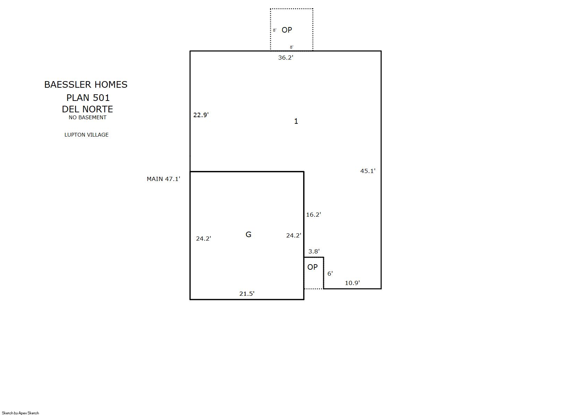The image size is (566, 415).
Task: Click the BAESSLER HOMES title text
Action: coord(86,85)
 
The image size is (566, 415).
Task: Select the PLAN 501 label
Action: coord(88,97)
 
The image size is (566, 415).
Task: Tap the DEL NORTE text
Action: coord(87,109)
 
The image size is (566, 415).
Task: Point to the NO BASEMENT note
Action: coord(87,118)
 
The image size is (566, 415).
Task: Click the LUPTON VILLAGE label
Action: coord(86,135)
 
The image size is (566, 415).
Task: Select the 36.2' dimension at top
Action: coord(285,58)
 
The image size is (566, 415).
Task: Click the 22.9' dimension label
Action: coord(201,115)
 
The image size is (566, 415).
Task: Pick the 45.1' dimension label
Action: coord(368,171)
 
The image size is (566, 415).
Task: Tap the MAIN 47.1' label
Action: coord(163,179)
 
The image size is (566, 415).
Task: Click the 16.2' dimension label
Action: coord(314,215)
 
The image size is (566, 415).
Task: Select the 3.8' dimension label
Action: coord(314,251)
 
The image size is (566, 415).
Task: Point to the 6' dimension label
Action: coord(330,273)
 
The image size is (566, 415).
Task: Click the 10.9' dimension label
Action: coord(352,283)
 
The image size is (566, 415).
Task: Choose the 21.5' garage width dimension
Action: coord(247,294)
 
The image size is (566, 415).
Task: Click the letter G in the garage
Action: coord(248,234)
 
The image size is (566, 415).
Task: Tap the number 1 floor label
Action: coord(296,121)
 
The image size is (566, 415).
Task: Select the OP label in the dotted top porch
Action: coord(287,30)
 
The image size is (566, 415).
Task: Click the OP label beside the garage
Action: coord(312,267)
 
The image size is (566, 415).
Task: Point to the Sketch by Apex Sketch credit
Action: coord(20,413)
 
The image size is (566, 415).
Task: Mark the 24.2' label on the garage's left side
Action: coord(204,239)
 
